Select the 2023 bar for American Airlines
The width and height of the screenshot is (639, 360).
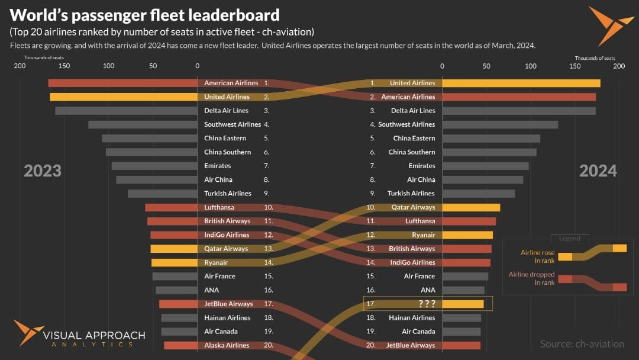[x=122, y=83]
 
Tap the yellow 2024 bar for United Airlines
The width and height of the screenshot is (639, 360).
[x=521, y=83]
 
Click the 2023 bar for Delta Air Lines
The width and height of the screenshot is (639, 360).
[x=126, y=111]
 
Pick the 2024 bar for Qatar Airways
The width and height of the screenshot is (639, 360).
[x=471, y=207]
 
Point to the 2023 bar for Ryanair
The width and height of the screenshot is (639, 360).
[x=174, y=262]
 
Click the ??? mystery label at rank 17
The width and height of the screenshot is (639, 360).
[x=427, y=304]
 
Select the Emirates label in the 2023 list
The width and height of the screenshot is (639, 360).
[x=218, y=166]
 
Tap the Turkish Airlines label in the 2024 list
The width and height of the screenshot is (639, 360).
[x=411, y=194]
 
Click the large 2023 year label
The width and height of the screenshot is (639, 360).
[x=43, y=171]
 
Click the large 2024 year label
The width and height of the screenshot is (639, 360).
[x=598, y=171]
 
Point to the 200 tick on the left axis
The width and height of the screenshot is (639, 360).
[x=20, y=66]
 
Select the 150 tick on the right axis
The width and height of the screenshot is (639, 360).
[x=575, y=66]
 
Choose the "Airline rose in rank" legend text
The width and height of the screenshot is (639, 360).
[x=538, y=256]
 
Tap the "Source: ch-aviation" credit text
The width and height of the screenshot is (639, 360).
[x=582, y=344]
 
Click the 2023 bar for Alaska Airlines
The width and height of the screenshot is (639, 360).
[x=180, y=345]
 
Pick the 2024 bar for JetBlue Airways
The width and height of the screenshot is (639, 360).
[x=461, y=345]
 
